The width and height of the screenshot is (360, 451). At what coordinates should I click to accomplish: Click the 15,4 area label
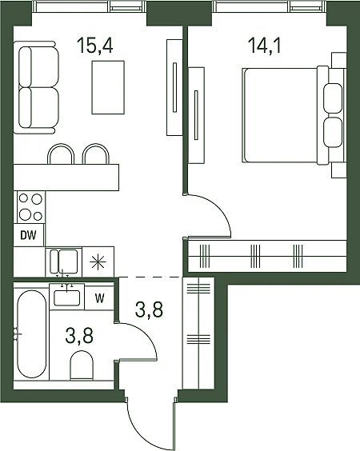(95, 46)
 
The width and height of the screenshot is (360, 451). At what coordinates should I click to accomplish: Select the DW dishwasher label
(29, 235)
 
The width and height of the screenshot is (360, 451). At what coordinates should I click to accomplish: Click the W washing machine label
(99, 298)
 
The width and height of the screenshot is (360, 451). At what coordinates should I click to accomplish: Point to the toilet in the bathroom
(82, 365)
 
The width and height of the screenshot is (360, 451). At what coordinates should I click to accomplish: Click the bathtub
(32, 333)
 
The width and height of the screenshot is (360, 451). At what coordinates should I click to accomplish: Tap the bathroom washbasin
(66, 297)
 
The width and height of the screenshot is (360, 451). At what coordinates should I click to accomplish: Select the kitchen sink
(64, 261)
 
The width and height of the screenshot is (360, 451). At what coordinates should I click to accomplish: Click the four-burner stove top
(30, 207)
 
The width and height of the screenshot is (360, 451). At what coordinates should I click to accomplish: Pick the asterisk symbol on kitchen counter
(98, 261)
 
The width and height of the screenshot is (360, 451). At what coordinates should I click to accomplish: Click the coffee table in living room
(108, 87)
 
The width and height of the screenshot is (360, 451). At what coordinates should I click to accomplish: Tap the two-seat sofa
(36, 87)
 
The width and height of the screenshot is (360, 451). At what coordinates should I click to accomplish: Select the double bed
(294, 116)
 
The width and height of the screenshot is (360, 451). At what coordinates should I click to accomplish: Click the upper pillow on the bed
(333, 98)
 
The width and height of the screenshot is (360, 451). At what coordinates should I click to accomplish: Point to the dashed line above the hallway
(150, 277)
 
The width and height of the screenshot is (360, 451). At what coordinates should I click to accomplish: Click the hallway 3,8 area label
(150, 309)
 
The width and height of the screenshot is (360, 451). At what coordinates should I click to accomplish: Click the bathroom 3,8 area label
(79, 336)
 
